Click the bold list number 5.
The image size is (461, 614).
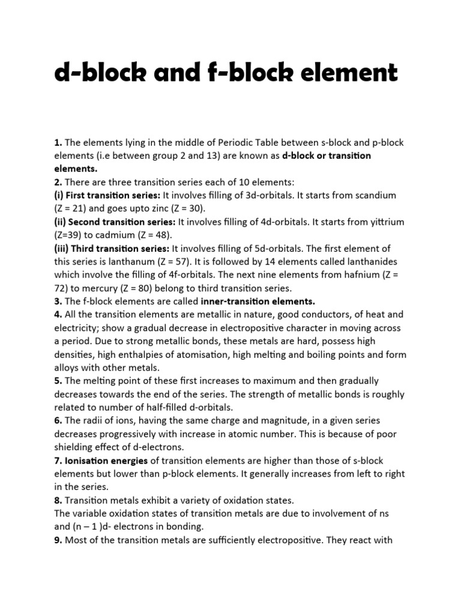coord(58,381)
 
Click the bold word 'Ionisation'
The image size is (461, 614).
coord(88,460)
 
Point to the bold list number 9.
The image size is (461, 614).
coord(58,540)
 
